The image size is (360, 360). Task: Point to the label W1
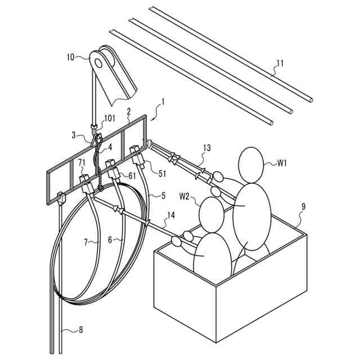pyautogui.click(x=282, y=163)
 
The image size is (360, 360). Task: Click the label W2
pyautogui.click(x=185, y=196)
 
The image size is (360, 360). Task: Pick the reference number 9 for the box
pyautogui.click(x=303, y=206)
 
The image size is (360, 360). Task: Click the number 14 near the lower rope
pyautogui.click(x=171, y=215)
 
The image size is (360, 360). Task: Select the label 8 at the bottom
pyautogui.click(x=80, y=330)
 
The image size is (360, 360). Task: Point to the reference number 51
pyautogui.click(x=161, y=174)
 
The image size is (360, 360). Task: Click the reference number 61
pyautogui.click(x=132, y=175)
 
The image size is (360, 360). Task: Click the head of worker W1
pyautogui.click(x=251, y=164)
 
